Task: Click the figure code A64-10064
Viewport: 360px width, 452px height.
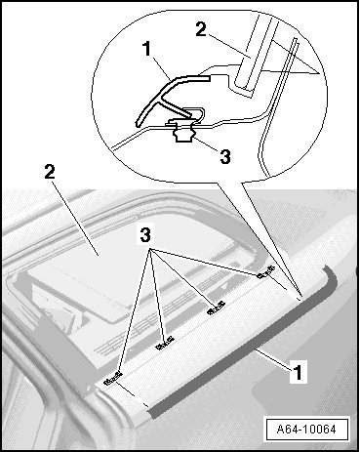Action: coord(305,430)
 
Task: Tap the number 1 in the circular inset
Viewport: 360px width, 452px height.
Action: coord(147,50)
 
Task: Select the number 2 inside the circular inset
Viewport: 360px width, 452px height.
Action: coord(201,29)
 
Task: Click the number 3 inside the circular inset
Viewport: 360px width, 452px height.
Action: coord(225,156)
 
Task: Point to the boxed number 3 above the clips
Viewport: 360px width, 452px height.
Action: coord(145,235)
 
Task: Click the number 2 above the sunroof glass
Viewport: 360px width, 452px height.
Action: coord(50,172)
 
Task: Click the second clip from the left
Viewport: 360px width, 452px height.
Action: coord(165,343)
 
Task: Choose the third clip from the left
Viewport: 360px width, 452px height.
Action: coord(216,308)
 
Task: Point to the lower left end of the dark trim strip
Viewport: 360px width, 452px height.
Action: coord(153,413)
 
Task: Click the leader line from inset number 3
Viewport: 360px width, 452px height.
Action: coord(206,144)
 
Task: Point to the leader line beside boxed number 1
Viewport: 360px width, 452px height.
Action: coord(272,359)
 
